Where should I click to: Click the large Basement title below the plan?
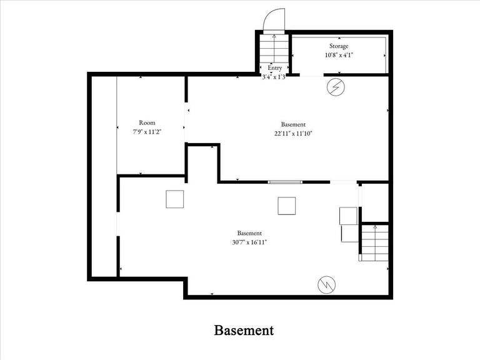(244, 330)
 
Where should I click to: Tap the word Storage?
(339, 46)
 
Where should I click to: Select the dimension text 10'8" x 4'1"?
(339, 55)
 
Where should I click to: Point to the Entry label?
(274, 68)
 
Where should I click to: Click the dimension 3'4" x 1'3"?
(274, 77)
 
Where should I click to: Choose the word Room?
(147, 123)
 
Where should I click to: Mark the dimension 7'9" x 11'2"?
(147, 132)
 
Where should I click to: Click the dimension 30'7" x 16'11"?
(249, 242)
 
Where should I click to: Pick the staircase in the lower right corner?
(374, 242)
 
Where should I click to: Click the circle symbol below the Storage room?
(336, 87)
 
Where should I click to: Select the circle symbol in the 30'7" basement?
(326, 284)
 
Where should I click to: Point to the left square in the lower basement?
(175, 199)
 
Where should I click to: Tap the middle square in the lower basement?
(287, 206)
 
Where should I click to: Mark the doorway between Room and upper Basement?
(186, 124)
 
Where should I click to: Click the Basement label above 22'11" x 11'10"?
(293, 124)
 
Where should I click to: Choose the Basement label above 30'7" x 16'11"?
(249, 233)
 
